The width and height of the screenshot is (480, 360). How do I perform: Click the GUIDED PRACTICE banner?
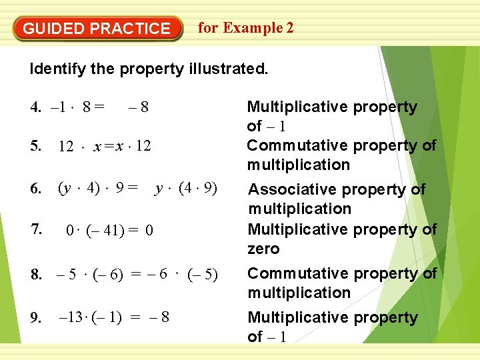point(97,29)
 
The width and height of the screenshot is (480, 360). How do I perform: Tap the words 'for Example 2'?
point(245,28)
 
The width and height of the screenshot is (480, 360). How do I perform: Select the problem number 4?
point(35,107)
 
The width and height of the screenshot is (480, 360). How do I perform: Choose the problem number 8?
point(35,274)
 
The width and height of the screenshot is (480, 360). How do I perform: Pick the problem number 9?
point(35,318)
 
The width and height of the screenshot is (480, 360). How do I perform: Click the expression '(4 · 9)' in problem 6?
point(201,189)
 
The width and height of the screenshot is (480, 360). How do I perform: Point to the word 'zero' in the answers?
point(263,249)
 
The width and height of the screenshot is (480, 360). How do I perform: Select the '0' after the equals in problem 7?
point(149,231)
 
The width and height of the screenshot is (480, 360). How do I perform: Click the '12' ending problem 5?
point(143,146)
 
